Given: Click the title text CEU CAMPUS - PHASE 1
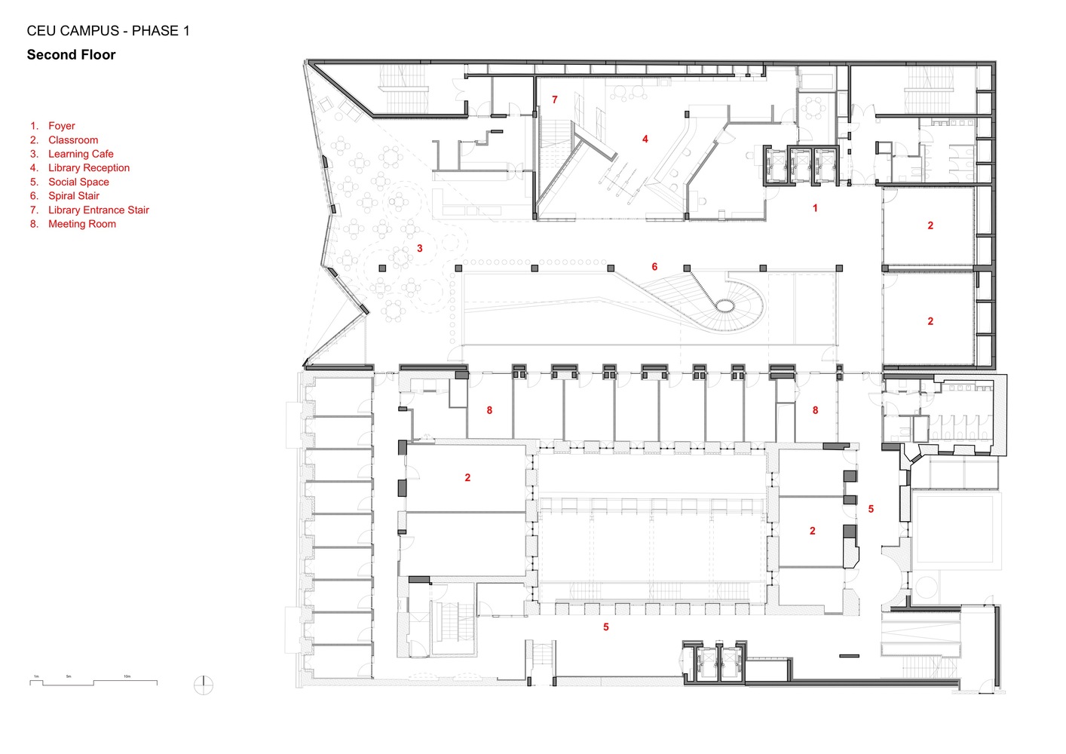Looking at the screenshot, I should [x=108, y=31].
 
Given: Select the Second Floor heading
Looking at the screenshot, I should [x=71, y=54].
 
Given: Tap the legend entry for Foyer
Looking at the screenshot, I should [x=61, y=126].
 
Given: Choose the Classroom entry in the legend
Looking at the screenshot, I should [x=72, y=140].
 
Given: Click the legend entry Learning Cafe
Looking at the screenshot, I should [x=81, y=154].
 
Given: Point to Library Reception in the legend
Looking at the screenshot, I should [x=88, y=168].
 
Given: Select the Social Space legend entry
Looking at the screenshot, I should [x=78, y=182].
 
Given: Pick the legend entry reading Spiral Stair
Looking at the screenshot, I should [x=73, y=196].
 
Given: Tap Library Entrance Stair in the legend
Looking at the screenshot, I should [x=98, y=210].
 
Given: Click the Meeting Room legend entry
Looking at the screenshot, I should [x=81, y=224].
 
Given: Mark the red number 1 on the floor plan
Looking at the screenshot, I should [x=815, y=208].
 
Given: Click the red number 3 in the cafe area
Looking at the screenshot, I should [x=420, y=248].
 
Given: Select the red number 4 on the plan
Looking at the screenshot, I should [x=645, y=139].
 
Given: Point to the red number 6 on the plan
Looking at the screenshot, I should [x=654, y=267].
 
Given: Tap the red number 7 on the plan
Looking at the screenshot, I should [x=555, y=100].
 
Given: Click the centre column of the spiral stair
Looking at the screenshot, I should [x=724, y=305].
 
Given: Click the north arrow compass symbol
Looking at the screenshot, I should [x=204, y=685].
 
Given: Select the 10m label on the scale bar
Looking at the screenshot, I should [x=127, y=676].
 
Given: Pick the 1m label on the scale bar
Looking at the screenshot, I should [x=36, y=676].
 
